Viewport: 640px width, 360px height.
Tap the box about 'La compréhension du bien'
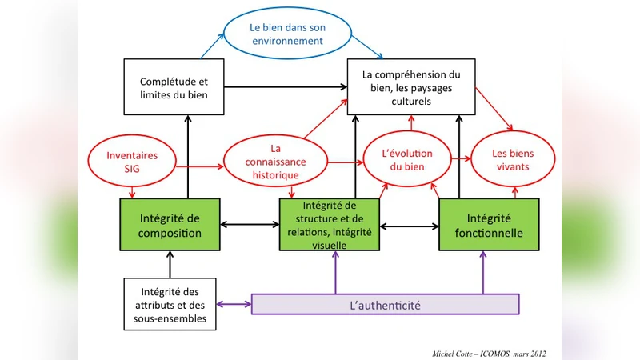(x=410, y=87)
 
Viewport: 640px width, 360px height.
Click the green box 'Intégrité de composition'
(x=170, y=225)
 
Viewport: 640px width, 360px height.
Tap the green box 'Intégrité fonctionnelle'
(x=490, y=225)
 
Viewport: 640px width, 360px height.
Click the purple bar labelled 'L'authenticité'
(x=386, y=304)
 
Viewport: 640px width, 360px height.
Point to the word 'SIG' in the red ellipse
(x=131, y=168)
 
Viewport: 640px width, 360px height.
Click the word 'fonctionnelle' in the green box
(x=490, y=233)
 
